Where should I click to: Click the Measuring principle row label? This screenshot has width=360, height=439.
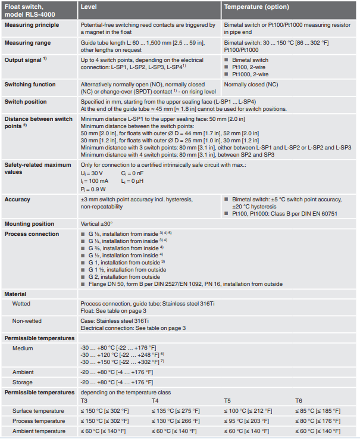click(x=32, y=25)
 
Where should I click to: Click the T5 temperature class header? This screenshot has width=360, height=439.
click(x=227, y=401)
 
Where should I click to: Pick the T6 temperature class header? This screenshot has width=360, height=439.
click(x=299, y=401)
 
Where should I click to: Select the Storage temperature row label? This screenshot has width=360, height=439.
click(x=23, y=382)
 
